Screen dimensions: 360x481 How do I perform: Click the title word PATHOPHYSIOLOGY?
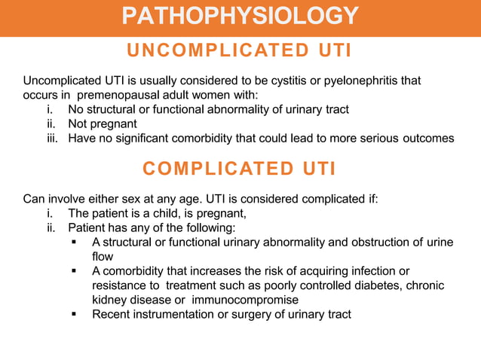[x=240, y=15]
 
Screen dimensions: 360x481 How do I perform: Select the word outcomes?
[x=429, y=138]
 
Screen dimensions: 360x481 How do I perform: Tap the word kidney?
[x=109, y=300]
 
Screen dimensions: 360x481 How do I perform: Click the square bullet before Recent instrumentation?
[x=75, y=314]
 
